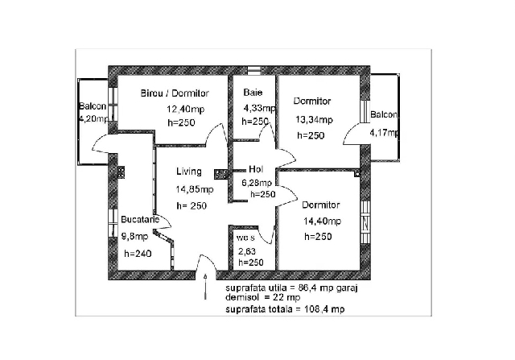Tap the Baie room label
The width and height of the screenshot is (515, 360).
[253, 93]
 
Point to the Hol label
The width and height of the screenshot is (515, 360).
[257, 169]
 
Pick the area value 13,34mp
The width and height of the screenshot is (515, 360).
[311, 120]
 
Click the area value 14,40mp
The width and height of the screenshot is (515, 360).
[322, 221]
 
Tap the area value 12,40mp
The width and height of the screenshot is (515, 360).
[185, 109]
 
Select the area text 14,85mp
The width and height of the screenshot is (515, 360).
[196, 190]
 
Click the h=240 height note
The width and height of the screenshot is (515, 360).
[138, 253]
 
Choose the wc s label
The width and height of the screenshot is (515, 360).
[245, 238]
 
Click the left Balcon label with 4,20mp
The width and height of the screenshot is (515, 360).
[93, 108]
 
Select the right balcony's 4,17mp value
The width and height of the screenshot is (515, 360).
[383, 132]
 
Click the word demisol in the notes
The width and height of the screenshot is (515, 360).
[240, 297]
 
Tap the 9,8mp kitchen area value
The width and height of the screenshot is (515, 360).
[134, 236]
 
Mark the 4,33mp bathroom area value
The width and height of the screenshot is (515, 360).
[259, 108]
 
